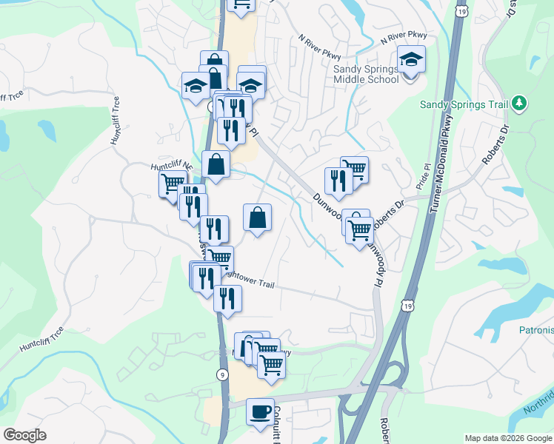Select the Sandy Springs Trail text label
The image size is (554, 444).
click(464, 105)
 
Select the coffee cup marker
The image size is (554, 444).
click(259, 411)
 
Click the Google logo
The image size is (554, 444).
click(24, 435)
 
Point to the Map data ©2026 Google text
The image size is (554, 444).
click(507, 438)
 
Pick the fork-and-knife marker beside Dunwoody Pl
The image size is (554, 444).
click(338, 181)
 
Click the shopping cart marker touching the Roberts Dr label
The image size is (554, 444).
click(360, 231)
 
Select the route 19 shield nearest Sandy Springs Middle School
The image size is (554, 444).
click(463, 12)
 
